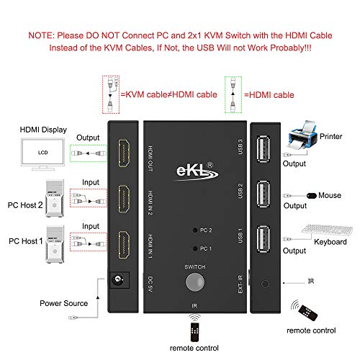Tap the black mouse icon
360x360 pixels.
tap(312, 195)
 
